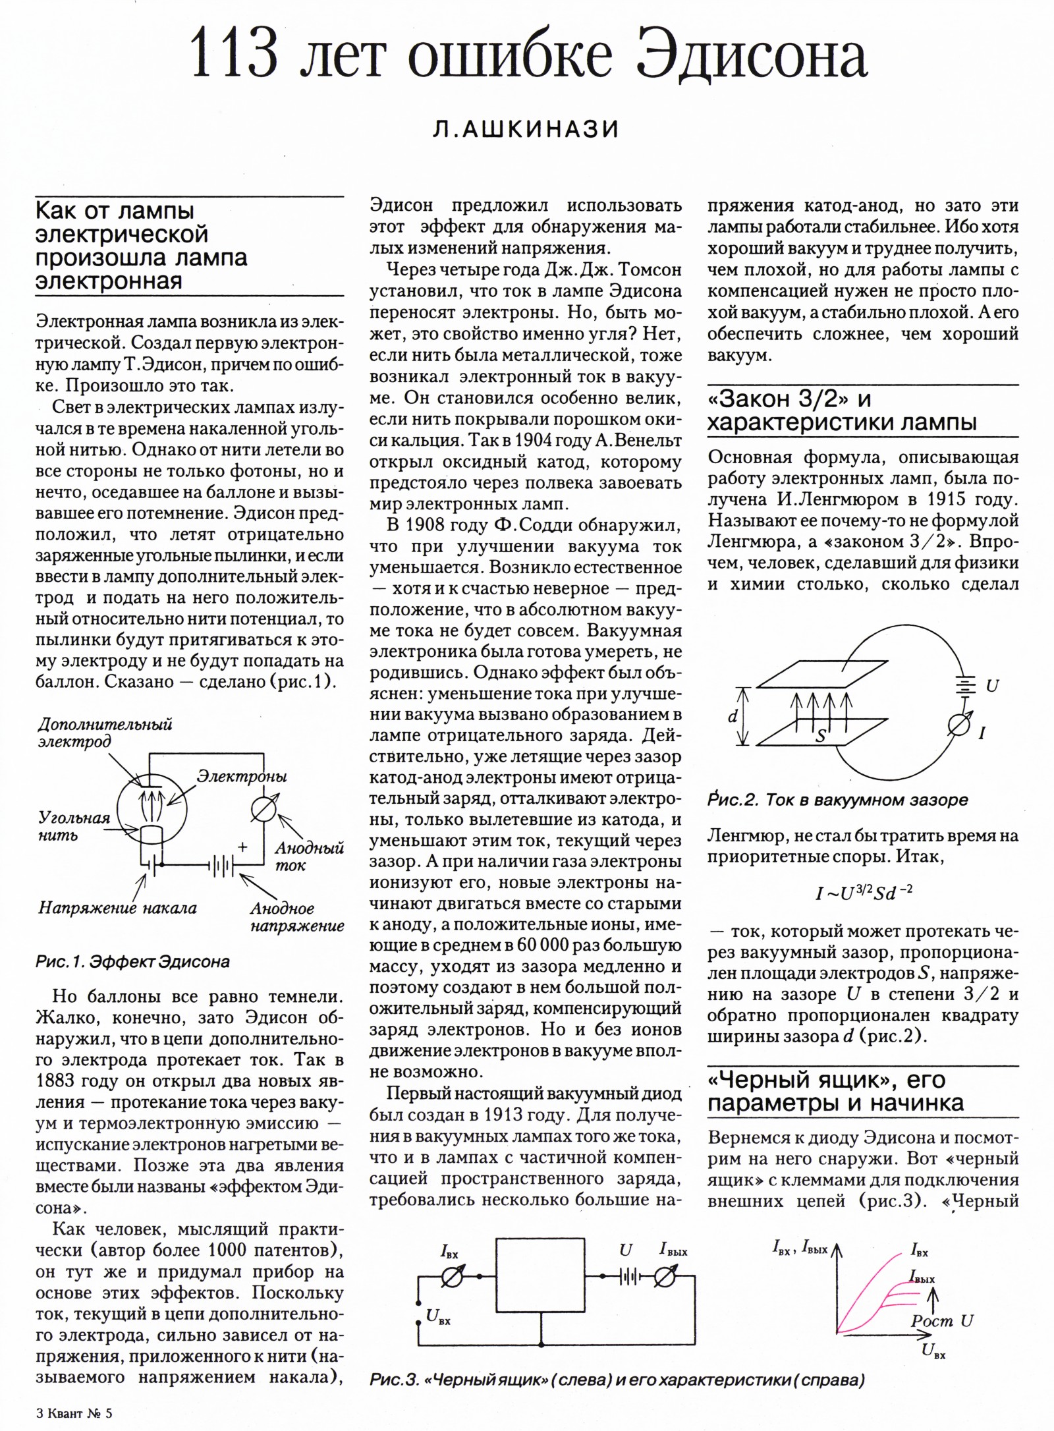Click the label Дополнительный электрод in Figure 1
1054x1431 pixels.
click(x=105, y=733)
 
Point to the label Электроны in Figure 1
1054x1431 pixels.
click(x=242, y=777)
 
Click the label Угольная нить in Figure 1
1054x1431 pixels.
click(x=74, y=827)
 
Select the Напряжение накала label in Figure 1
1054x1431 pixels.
click(x=117, y=908)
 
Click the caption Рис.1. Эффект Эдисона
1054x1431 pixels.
click(x=132, y=962)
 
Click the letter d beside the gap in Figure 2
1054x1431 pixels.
click(x=733, y=717)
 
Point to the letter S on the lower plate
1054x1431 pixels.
click(x=821, y=736)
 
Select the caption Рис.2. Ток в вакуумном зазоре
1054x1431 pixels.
click(x=838, y=800)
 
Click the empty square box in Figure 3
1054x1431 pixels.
click(x=540, y=1285)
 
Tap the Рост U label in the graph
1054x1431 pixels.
click(x=942, y=1320)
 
